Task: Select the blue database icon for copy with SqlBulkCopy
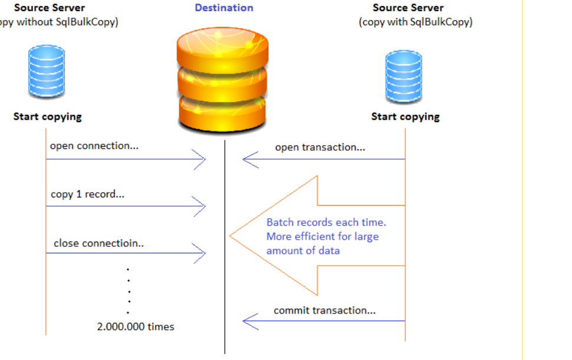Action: coord(403,77)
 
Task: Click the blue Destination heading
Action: coord(224,8)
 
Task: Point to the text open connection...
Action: coord(94,146)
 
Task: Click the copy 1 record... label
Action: coord(87,194)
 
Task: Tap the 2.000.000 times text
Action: coord(136,326)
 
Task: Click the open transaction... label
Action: coord(320,147)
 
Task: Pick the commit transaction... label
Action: coord(324,311)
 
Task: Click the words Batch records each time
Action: coord(326,223)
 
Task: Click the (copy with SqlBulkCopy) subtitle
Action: coord(415,22)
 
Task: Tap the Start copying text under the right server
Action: coord(405,117)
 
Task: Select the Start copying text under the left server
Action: coord(47,117)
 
